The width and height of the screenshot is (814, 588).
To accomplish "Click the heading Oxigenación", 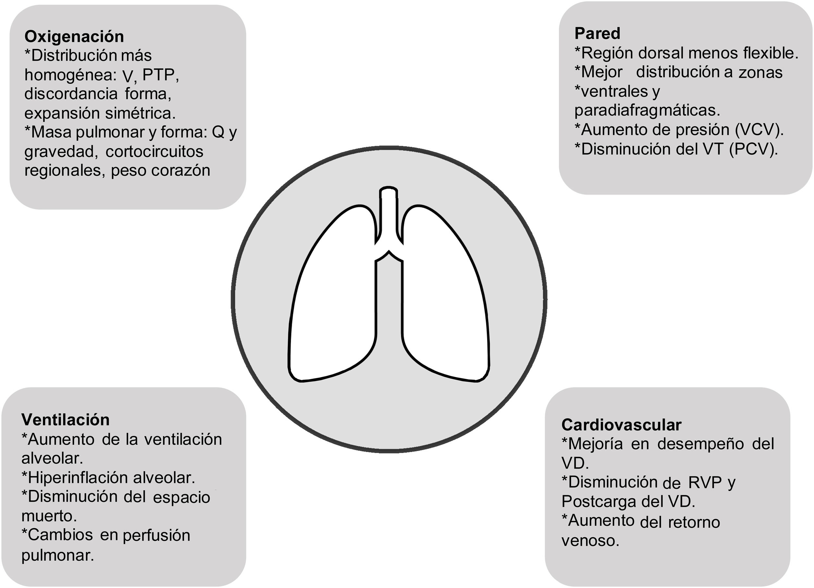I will point(74,37).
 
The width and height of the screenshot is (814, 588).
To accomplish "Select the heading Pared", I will point(597,34).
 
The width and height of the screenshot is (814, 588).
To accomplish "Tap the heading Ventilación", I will point(65,420).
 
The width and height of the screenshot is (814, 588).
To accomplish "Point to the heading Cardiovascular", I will point(621,425).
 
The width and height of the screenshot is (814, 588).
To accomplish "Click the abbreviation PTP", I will point(158,75).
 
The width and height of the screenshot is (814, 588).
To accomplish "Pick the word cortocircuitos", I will point(154,152).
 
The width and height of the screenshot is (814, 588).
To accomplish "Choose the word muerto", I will point(49,516).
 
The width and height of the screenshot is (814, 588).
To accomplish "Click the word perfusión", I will point(156,535).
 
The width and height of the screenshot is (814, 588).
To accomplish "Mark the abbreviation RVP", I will point(705,483).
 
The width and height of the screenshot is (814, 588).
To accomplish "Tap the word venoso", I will point(590,540).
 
